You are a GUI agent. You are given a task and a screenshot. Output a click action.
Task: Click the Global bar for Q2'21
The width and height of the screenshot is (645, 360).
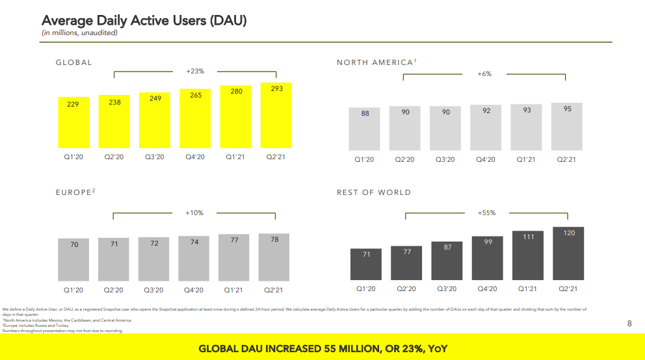[276, 116]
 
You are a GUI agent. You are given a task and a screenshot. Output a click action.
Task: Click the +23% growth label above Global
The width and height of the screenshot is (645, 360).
[196, 71]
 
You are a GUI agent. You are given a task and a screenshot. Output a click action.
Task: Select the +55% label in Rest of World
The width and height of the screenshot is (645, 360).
[486, 212]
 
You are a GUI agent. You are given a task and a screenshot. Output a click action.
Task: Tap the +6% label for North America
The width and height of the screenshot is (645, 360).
[484, 74]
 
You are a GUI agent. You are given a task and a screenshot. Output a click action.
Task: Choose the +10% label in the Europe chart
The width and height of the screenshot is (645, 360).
[194, 212]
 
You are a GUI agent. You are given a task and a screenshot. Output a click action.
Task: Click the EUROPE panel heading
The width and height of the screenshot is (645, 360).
[75, 192]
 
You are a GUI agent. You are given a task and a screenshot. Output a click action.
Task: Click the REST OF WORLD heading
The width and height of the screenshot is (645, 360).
[373, 192]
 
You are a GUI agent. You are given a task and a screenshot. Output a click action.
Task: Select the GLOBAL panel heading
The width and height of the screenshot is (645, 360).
[73, 62]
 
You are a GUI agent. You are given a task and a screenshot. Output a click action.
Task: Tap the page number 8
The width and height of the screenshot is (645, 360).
[629, 323]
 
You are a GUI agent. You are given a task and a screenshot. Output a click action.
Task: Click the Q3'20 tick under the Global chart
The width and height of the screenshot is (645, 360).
[155, 157]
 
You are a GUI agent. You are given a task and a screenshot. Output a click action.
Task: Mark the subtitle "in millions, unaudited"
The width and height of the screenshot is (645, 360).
[80, 32]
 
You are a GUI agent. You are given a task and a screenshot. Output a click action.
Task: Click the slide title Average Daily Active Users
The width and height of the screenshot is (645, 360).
[144, 21]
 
